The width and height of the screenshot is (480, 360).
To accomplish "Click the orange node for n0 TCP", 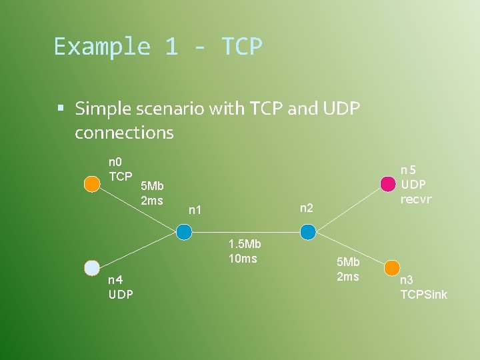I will click(x=92, y=183).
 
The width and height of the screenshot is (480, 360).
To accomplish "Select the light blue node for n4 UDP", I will click(x=92, y=268).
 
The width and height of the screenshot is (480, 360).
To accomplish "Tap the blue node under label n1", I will click(x=184, y=232).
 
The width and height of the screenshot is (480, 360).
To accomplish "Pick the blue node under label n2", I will click(x=307, y=232).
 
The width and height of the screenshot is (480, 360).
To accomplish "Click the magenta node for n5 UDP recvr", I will click(x=387, y=183).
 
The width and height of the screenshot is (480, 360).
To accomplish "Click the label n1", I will click(x=195, y=211).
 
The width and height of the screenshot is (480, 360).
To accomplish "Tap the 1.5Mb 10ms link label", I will click(x=243, y=251).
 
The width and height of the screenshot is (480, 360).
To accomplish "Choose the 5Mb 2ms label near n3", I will click(x=348, y=269).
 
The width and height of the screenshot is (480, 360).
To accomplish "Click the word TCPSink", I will click(x=423, y=294).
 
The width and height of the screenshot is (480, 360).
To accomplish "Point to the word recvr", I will click(x=416, y=199).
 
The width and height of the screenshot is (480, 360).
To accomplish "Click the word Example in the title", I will click(x=100, y=47).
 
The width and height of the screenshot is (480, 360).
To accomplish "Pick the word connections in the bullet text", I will click(x=124, y=133).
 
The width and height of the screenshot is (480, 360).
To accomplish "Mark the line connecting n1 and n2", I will click(x=245, y=232).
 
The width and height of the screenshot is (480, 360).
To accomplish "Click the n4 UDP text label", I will click(x=121, y=287).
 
